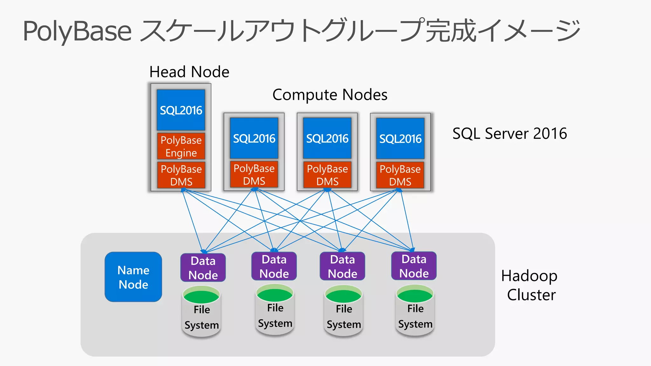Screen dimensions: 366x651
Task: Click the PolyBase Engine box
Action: coord(181,146)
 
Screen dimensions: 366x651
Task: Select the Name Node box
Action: coord(133,277)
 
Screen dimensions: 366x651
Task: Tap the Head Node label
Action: coord(189,72)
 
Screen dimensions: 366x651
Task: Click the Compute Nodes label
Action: coord(330,95)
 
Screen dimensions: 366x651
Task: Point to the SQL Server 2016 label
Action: coord(509,133)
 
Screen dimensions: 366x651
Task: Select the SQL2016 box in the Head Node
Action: coord(181,110)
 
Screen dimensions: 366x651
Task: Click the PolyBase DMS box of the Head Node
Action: coord(181,175)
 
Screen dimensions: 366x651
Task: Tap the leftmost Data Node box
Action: coord(203,268)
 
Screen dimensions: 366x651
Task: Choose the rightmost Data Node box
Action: coord(414,266)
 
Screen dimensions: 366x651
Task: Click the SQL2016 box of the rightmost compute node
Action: coord(400,139)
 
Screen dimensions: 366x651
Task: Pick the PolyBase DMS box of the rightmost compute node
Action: coord(400,175)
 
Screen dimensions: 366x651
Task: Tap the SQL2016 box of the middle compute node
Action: coord(327,138)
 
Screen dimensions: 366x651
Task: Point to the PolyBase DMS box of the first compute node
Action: coord(254,174)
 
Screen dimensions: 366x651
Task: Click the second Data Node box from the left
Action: coord(274,266)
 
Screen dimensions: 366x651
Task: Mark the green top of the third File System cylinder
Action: coord(343,295)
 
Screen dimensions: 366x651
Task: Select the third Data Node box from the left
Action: coord(342,266)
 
